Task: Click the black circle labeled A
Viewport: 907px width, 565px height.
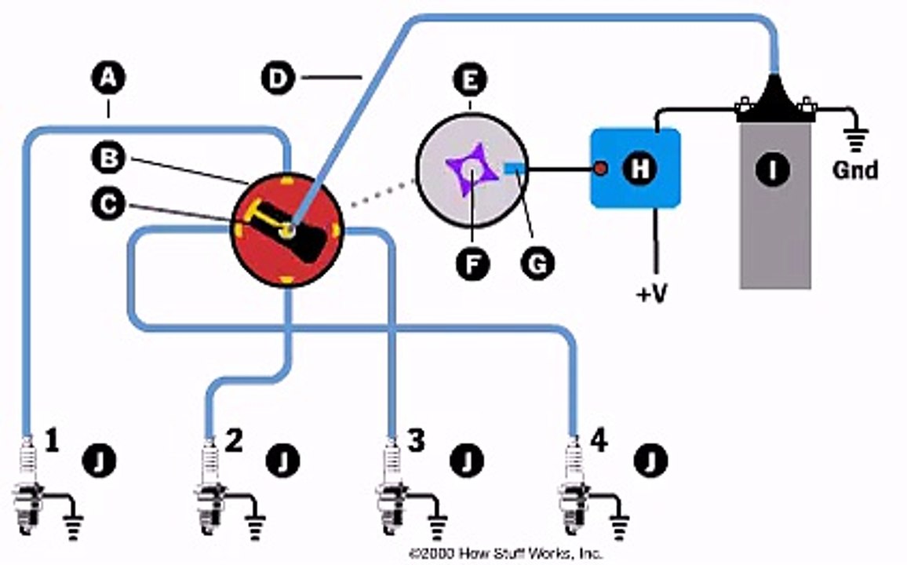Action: (109, 78)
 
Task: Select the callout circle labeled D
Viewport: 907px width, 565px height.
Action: (279, 78)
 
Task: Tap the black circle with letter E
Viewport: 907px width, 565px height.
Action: (470, 79)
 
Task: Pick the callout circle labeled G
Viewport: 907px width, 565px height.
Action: (537, 264)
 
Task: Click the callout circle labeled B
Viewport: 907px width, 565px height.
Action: (109, 157)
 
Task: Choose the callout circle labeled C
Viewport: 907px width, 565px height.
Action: (109, 204)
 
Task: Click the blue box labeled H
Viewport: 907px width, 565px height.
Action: (635, 168)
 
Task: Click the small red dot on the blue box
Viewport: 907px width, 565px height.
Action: (601, 169)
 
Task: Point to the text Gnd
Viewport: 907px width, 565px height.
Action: (855, 170)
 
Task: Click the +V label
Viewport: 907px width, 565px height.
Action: (652, 293)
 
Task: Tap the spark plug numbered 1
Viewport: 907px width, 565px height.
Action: (27, 486)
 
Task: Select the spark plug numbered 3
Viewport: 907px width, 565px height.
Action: (392, 486)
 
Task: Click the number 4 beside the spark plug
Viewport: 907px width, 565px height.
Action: (599, 441)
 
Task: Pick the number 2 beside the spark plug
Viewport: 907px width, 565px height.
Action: (233, 441)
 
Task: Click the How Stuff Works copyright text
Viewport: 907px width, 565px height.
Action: (505, 553)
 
